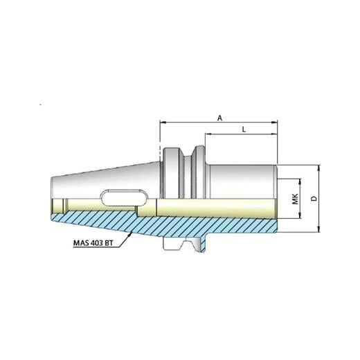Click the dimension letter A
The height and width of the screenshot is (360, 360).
click(219, 118)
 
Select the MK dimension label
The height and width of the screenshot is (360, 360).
click(294, 199)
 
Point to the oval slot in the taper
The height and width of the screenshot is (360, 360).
click(118, 197)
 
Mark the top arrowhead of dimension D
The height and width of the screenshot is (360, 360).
click(320, 168)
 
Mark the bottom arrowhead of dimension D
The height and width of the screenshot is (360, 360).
click(320, 231)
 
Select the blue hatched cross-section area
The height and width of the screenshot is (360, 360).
click(208, 223)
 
